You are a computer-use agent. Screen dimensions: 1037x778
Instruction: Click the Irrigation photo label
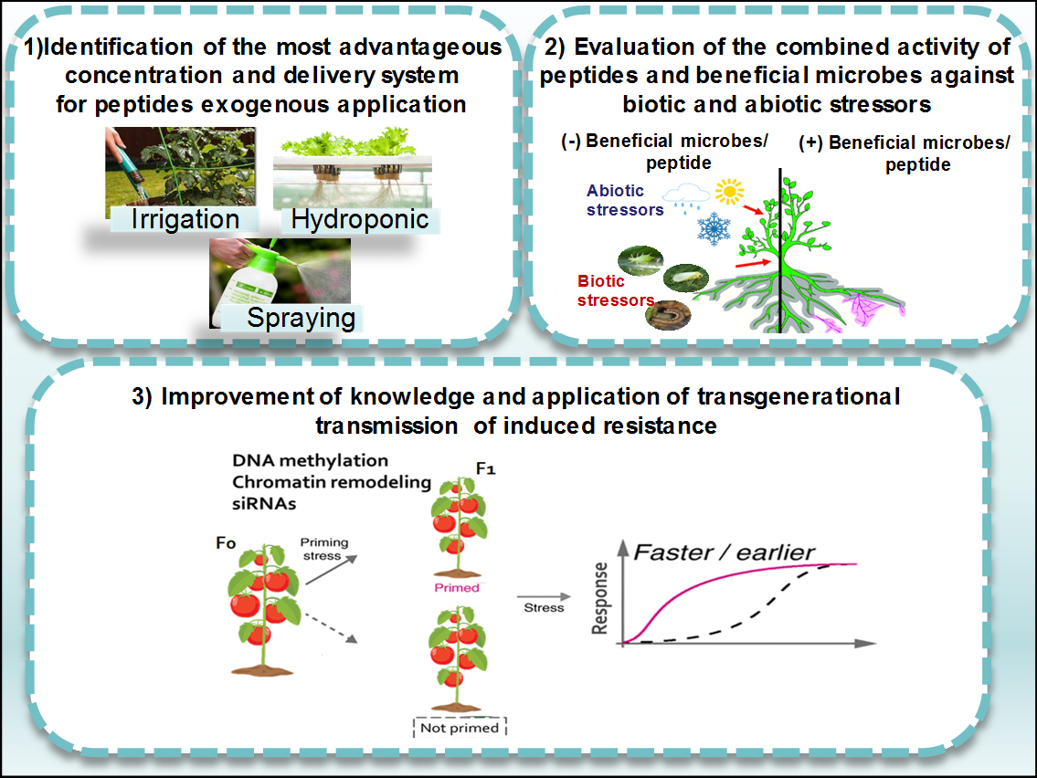pos(185,219)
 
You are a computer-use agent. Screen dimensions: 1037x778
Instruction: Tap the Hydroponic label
pos(360,219)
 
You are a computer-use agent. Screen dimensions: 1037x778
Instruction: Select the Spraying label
pos(301,318)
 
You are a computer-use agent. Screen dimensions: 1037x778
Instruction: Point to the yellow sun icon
pos(729,192)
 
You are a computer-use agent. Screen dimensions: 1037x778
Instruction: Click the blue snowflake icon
pos(714,228)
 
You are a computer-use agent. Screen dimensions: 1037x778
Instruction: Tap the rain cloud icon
pos(686,197)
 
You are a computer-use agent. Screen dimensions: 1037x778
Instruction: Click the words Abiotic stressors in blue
pos(624,200)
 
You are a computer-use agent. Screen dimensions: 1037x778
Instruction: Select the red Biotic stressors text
pos(616,291)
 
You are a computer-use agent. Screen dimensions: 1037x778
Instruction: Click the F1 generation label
pos(485,468)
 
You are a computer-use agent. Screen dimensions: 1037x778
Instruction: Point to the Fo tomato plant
pos(263,609)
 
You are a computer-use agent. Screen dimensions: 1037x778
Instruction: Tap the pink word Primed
pos(456,588)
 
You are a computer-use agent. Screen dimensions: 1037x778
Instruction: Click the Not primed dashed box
pos(460,727)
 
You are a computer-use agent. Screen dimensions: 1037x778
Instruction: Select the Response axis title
pos(600,598)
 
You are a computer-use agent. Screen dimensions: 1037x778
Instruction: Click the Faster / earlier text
pos(724,552)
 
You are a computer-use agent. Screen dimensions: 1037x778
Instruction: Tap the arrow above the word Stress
pos(543,597)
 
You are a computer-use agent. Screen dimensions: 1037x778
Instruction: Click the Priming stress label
pos(324,549)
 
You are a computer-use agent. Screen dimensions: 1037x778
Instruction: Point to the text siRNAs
pos(264,504)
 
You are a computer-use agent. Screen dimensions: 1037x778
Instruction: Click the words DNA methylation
pos(310,461)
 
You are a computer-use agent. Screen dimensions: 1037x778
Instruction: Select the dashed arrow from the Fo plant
pos(331,628)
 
